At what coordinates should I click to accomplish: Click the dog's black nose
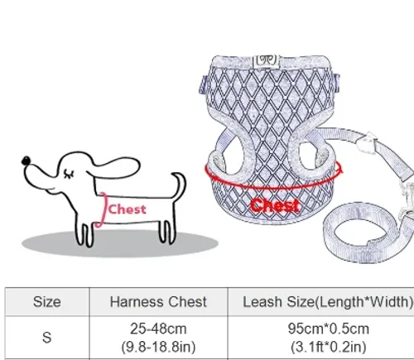26,161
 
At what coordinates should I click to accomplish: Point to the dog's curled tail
180,185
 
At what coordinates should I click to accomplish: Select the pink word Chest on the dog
127,209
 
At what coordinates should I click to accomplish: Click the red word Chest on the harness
275,205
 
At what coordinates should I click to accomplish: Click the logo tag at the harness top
267,61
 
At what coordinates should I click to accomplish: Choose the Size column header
47,302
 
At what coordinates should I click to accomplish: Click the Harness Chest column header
158,302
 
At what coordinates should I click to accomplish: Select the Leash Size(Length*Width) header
328,302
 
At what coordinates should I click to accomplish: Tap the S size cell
47,337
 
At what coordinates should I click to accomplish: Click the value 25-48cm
158,329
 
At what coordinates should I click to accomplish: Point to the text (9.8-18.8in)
158,347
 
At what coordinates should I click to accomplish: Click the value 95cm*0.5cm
329,329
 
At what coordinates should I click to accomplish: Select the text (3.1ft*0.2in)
329,347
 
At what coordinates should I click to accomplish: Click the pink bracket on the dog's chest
103,209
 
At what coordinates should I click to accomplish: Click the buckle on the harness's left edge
204,84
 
